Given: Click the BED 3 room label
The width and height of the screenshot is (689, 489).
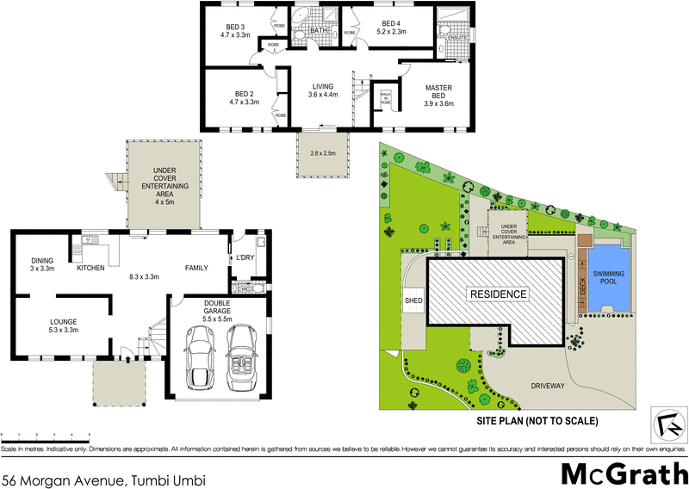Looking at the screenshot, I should tap(234, 26).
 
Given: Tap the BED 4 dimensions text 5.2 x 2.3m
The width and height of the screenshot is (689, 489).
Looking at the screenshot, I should tap(391, 32).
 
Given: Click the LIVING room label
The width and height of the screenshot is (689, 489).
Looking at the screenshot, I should tap(323, 86).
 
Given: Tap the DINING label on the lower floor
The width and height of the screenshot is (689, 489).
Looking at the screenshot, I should tap(42, 259).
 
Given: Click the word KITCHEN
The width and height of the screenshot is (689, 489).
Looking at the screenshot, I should tap(91, 269).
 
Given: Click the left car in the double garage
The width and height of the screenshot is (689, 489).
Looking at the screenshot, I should tap(201, 356).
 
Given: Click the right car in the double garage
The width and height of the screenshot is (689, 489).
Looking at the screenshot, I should tap(242, 356).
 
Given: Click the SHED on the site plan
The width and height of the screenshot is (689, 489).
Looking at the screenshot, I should tap(413, 300).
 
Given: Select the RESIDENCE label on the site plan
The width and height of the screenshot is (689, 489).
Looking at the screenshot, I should tap(498, 294).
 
